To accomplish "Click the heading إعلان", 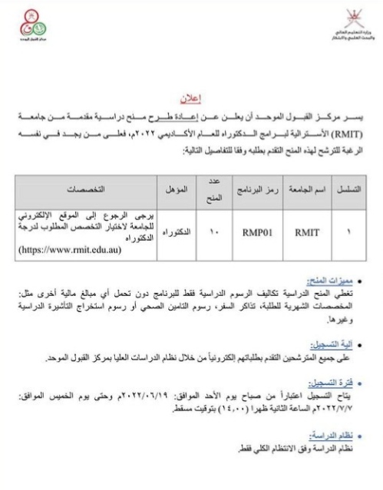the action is tap(189, 99).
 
